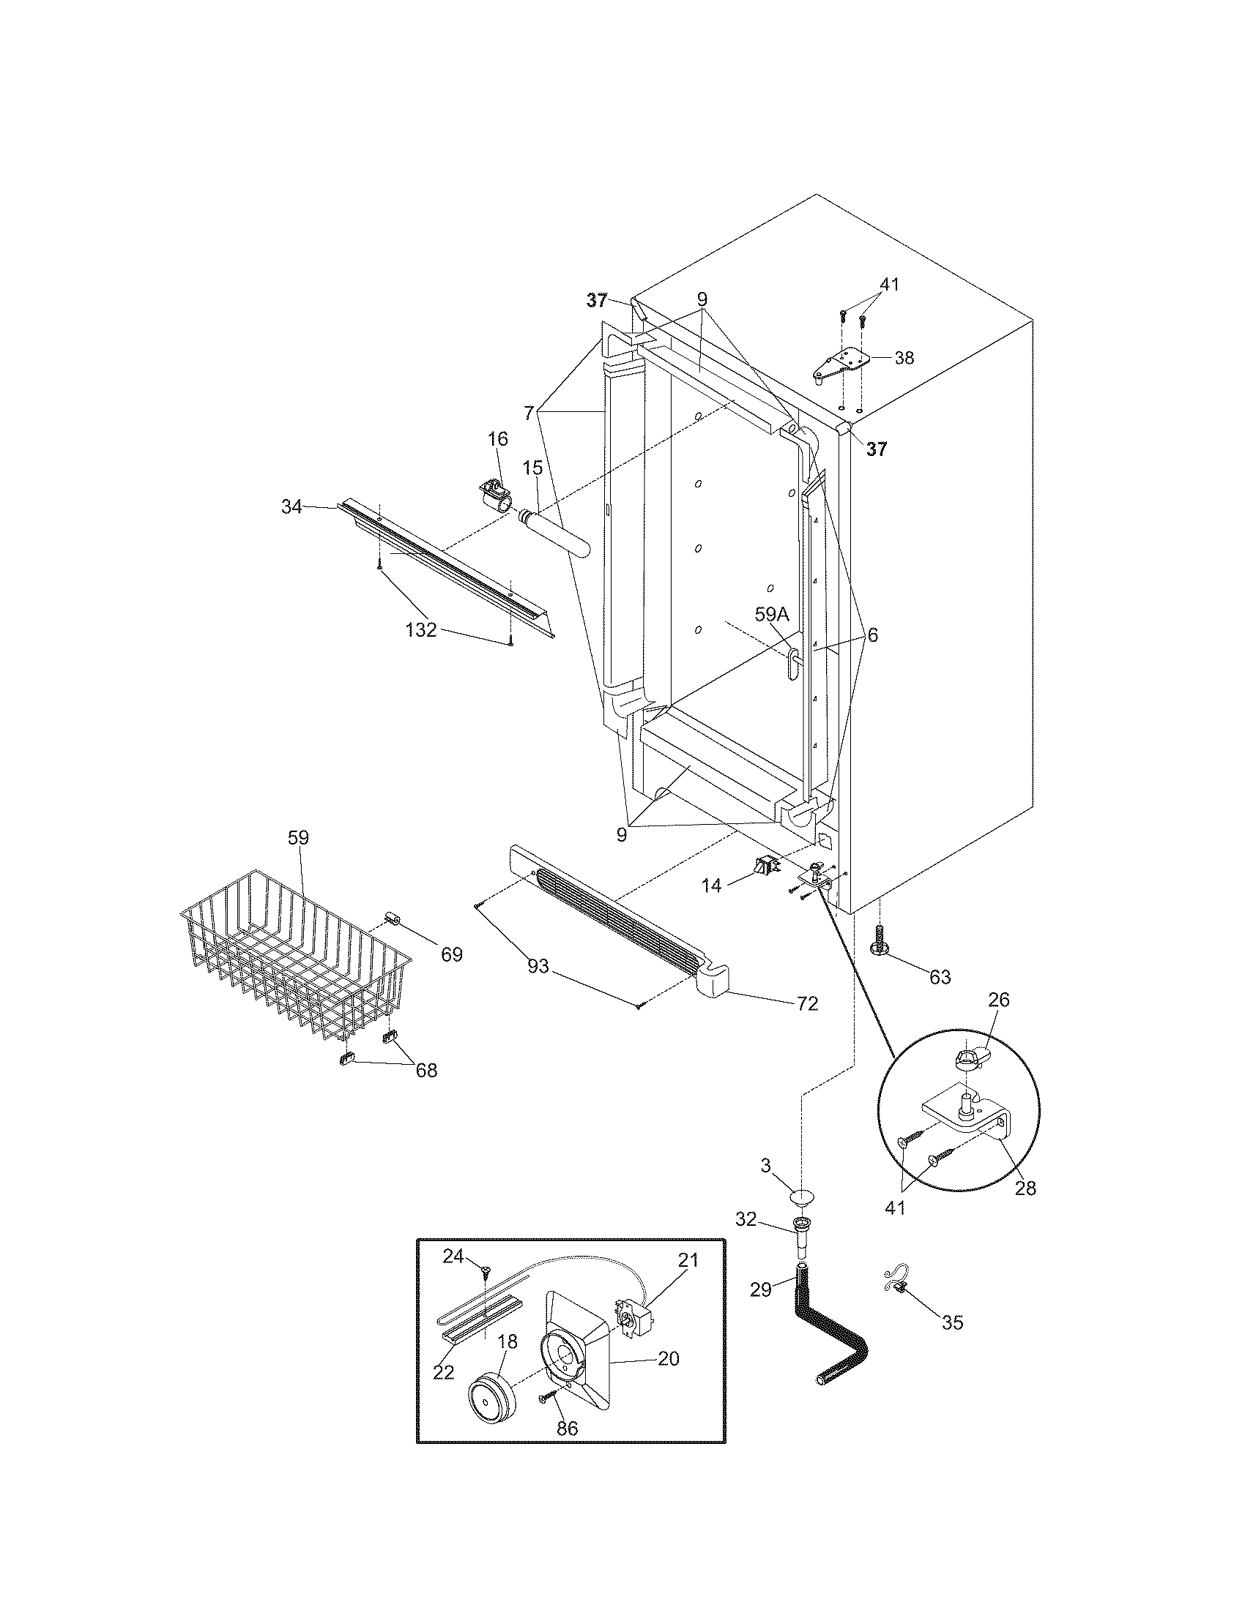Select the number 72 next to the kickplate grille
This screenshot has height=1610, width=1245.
coord(808,1003)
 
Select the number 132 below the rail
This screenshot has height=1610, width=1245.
coord(421,630)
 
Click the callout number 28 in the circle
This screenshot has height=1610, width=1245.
coord(1025,1188)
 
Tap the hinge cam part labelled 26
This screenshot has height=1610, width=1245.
coord(965,1063)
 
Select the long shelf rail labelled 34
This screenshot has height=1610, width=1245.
coord(442,564)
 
